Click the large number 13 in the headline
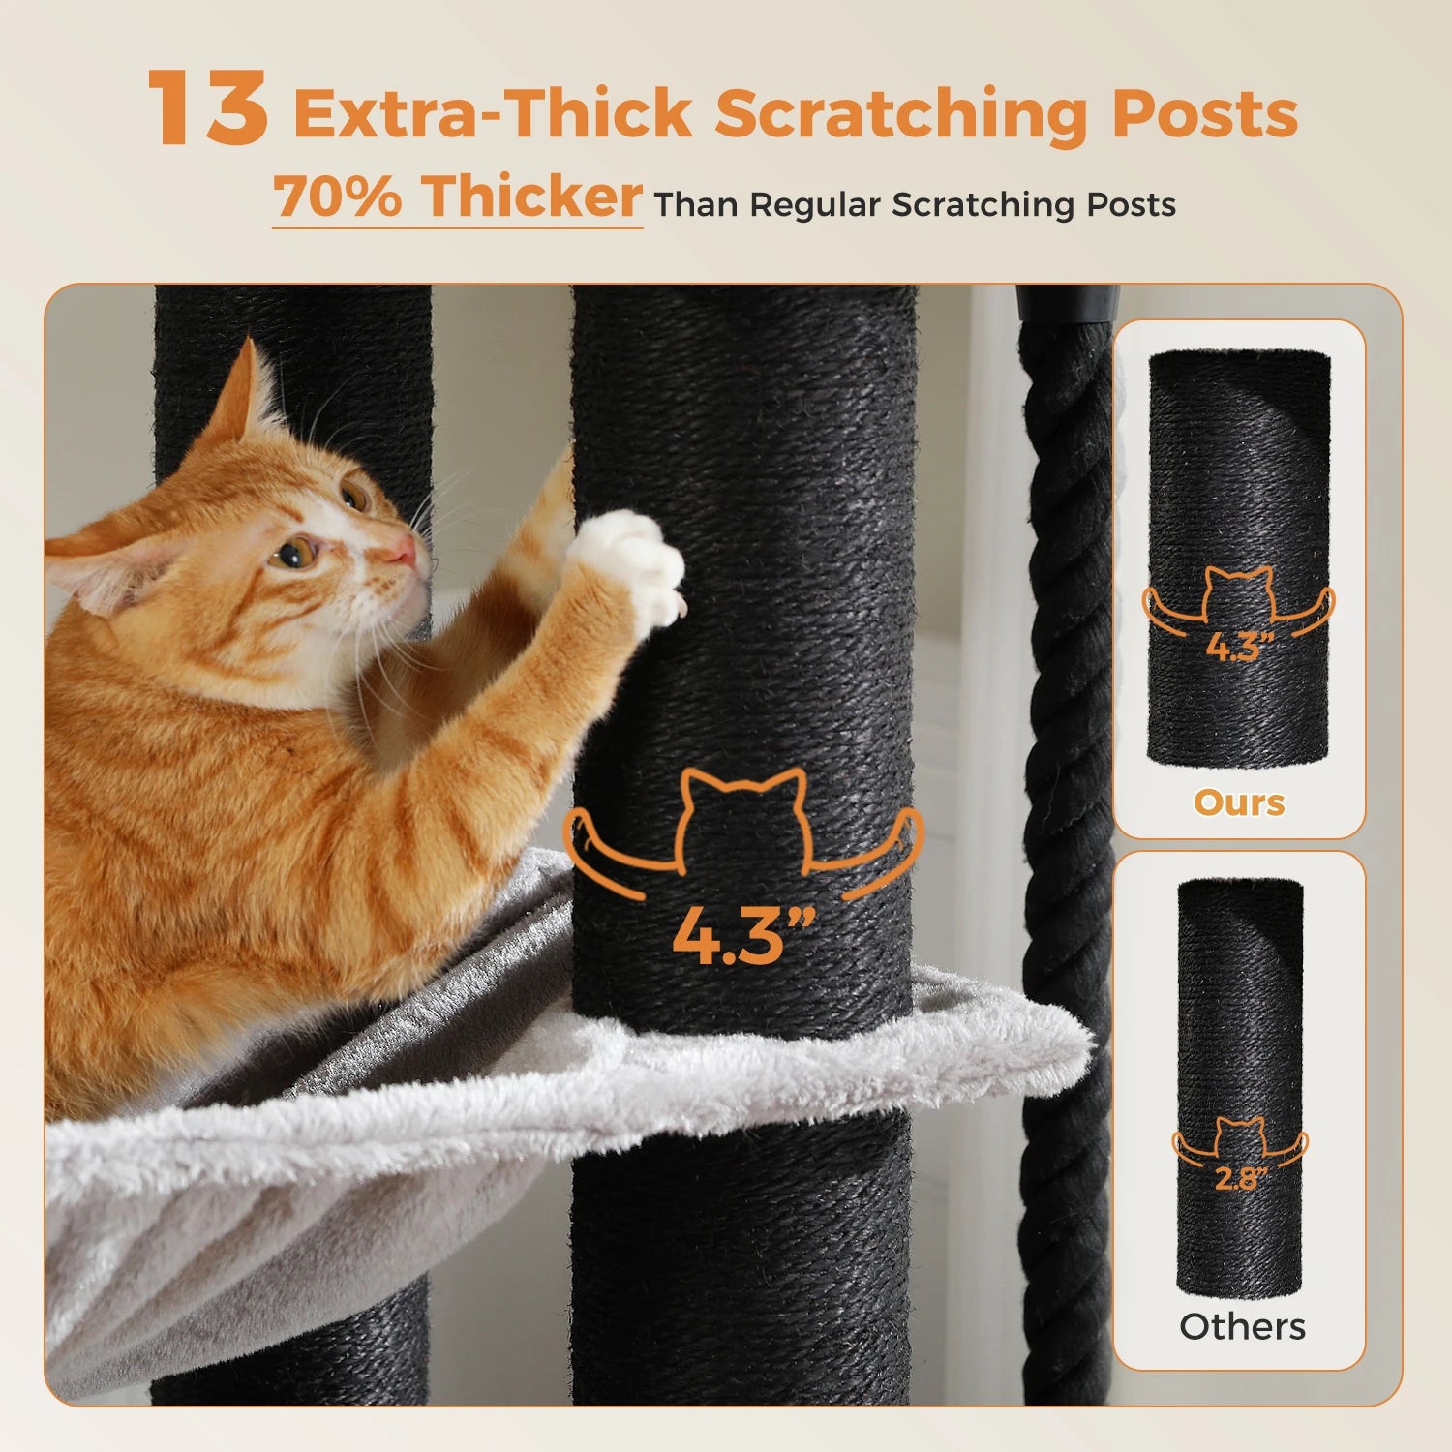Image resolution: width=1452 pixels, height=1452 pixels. (207, 108)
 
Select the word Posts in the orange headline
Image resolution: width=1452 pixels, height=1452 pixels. (1204, 114)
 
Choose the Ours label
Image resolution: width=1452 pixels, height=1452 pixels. (1239, 802)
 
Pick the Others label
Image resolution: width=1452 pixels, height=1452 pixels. (1242, 1326)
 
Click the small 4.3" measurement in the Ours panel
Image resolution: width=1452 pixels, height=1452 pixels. (1239, 647)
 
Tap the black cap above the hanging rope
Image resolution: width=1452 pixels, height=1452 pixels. (1067, 302)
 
